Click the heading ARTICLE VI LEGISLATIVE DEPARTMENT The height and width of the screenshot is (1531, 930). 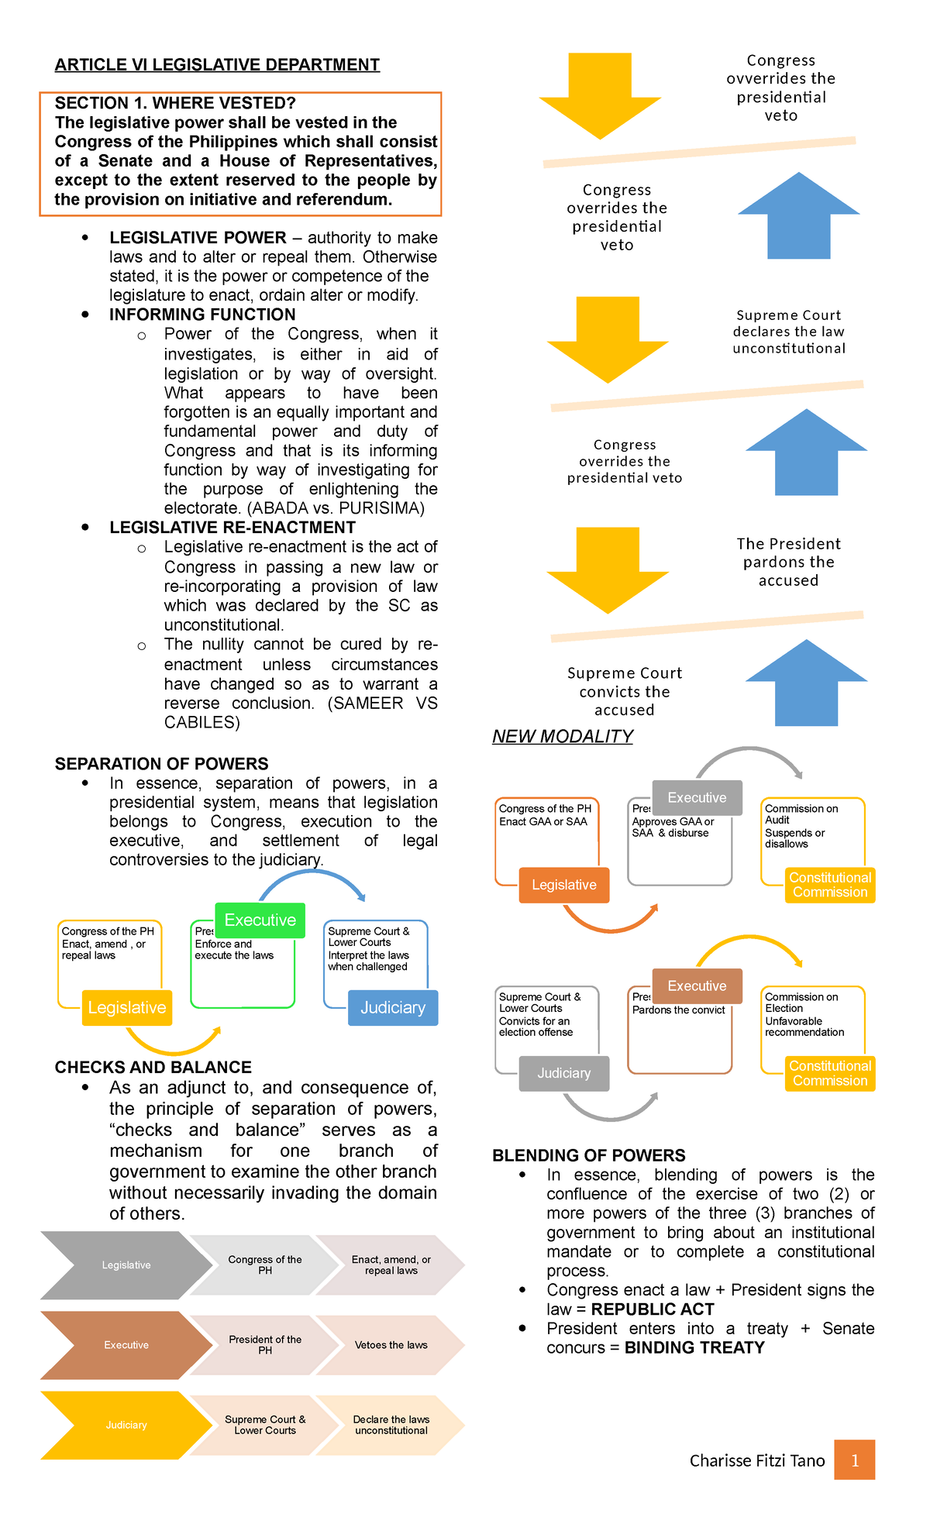[217, 65]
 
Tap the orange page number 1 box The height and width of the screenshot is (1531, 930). [854, 1460]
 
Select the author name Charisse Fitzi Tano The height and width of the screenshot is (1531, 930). [756, 1460]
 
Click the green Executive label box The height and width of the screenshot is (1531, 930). [260, 920]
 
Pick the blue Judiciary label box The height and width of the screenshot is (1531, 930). [393, 1007]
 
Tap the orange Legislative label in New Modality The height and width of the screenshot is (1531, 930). [563, 885]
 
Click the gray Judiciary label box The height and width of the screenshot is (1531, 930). [563, 1073]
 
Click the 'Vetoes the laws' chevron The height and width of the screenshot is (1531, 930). [391, 1345]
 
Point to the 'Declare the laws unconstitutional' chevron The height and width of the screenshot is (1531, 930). [391, 1425]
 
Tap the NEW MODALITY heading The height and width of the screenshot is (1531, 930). [563, 737]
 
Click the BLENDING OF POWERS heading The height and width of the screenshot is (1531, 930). [588, 1155]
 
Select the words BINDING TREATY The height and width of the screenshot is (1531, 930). [694, 1347]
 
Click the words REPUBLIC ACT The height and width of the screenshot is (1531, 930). [652, 1309]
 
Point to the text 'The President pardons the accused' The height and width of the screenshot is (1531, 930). [788, 562]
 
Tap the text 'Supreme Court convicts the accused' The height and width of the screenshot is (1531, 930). [624, 691]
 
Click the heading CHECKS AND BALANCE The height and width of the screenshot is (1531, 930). [153, 1067]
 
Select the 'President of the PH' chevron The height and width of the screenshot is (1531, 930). [265, 1345]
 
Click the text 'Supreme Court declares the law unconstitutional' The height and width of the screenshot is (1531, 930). [788, 332]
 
